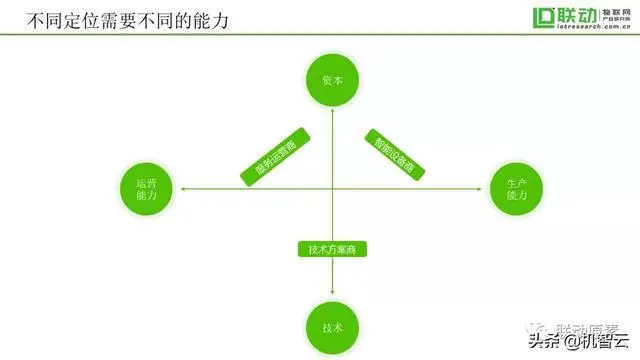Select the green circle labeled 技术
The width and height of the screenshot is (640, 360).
332,327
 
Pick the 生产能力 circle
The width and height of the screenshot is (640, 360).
517,187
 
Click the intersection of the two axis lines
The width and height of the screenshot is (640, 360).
332,187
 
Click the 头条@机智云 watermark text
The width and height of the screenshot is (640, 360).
587,342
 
